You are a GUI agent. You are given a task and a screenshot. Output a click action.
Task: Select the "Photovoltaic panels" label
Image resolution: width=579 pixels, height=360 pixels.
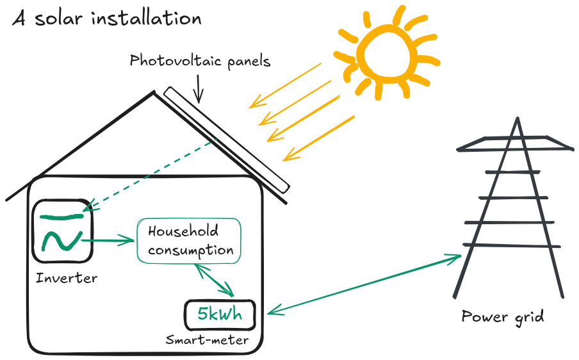pyautogui.click(x=200, y=61)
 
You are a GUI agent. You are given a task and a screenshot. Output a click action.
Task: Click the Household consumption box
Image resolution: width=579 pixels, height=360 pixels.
pyautogui.click(x=190, y=241)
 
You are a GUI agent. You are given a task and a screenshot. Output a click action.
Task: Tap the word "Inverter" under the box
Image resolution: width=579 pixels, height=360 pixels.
pyautogui.click(x=67, y=278)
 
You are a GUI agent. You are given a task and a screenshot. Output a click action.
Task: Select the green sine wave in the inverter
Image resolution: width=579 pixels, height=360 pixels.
pyautogui.click(x=61, y=241)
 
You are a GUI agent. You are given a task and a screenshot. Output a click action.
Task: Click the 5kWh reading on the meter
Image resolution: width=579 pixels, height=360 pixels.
pyautogui.click(x=220, y=315)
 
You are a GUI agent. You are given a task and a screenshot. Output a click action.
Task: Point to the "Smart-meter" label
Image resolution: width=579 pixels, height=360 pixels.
pyautogui.click(x=207, y=340)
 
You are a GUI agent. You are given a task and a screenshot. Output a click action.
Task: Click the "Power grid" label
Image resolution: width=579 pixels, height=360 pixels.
pyautogui.click(x=502, y=316)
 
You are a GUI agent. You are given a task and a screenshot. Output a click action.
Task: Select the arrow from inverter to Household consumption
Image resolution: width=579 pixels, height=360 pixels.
pyautogui.click(x=108, y=241)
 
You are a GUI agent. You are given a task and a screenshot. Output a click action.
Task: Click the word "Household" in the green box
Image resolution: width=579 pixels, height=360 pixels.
pyautogui.click(x=183, y=231)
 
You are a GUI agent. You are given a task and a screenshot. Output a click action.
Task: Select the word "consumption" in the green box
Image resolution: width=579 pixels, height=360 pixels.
pyautogui.click(x=190, y=250)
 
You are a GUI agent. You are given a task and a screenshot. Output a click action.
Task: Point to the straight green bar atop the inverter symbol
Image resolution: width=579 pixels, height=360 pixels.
pyautogui.click(x=61, y=216)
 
